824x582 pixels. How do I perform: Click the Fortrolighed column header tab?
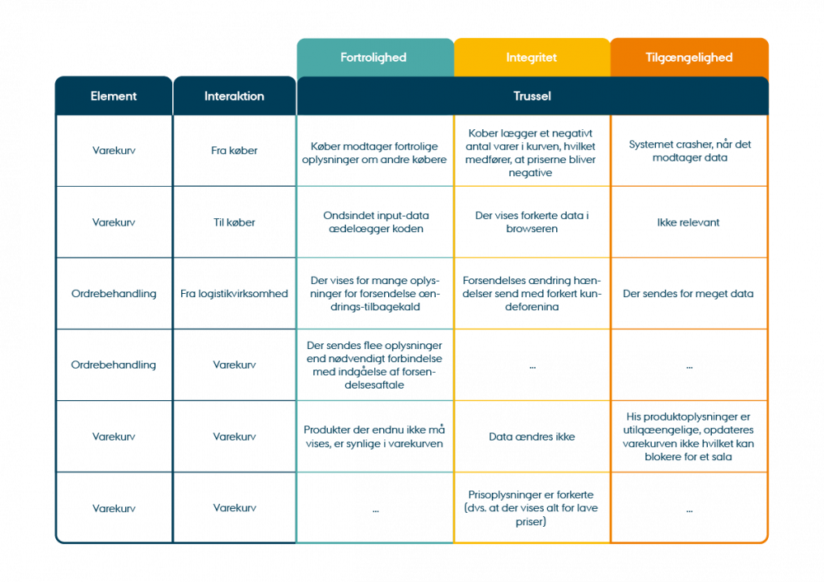point(374,58)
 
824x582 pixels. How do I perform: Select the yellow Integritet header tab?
point(531,58)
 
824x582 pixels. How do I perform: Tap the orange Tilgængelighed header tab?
point(690,58)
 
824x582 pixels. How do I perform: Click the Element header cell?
point(114,96)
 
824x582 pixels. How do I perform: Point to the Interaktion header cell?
point(234,96)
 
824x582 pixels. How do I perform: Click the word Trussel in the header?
point(531,96)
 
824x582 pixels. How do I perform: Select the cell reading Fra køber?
point(234,151)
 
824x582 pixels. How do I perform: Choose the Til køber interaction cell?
point(234,222)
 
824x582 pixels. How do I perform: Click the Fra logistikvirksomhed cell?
point(234,294)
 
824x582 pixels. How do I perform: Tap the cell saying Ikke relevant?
point(689,222)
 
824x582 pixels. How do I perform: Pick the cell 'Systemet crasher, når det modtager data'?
point(689,151)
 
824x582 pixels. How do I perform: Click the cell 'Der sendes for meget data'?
point(689,294)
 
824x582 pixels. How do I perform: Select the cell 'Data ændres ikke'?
point(531,437)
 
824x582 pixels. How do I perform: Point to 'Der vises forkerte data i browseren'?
point(531,222)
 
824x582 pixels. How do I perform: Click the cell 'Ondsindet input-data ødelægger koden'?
point(375,222)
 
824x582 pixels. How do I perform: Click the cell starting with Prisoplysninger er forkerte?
point(531,508)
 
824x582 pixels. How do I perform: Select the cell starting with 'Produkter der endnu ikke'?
point(375,437)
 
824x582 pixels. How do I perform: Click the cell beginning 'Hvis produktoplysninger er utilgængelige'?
point(689,436)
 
